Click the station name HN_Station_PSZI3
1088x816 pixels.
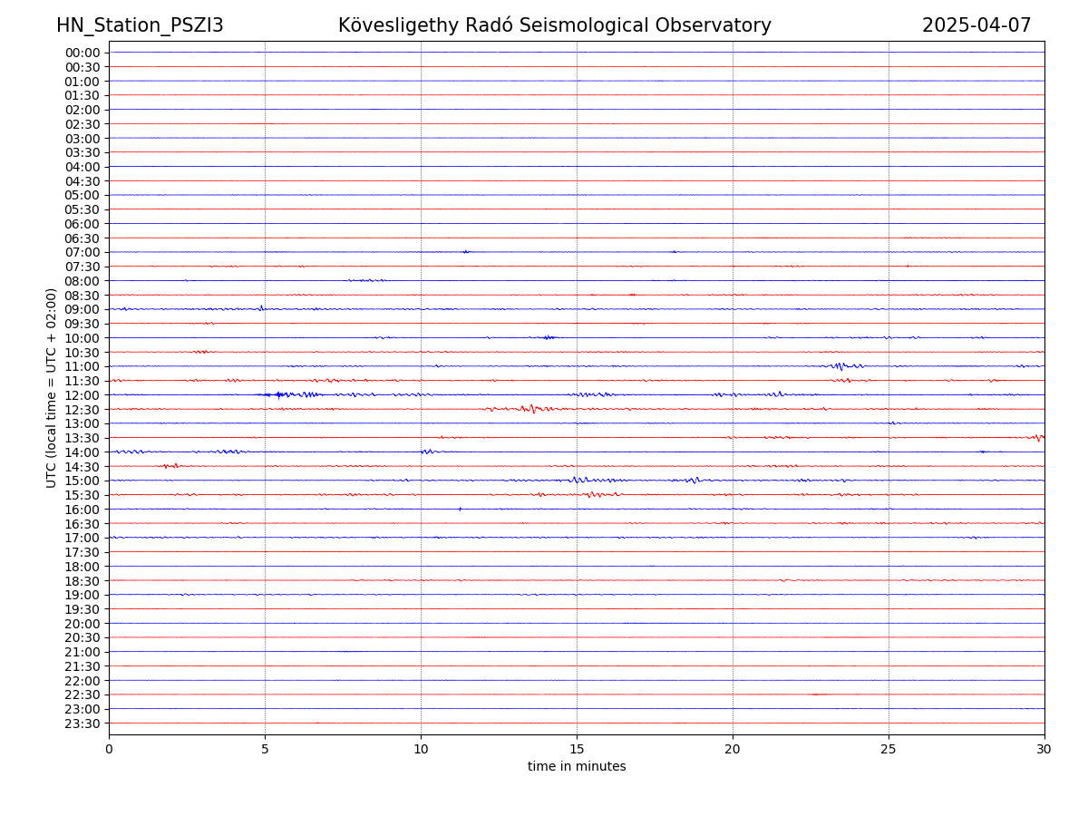(x=140, y=25)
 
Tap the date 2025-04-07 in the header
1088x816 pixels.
(x=976, y=25)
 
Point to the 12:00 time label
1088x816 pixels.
(x=83, y=395)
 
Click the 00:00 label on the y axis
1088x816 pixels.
(x=83, y=53)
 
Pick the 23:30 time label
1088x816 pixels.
(x=83, y=724)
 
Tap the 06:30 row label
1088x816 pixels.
(x=83, y=238)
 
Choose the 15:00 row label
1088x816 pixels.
(x=83, y=481)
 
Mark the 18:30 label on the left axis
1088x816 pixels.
(x=83, y=581)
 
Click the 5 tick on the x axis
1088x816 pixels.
(x=265, y=750)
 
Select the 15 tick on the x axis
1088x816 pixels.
(x=577, y=750)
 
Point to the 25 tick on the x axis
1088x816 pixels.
(x=889, y=750)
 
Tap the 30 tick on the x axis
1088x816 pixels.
(x=1044, y=750)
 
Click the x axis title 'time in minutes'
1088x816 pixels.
(x=577, y=767)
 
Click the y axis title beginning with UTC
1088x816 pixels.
(x=52, y=387)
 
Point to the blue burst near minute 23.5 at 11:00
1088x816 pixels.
(x=840, y=366)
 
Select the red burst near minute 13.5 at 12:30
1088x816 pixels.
(x=532, y=409)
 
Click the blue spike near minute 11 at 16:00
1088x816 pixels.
(x=460, y=509)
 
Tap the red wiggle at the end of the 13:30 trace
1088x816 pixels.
(x=1038, y=438)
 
